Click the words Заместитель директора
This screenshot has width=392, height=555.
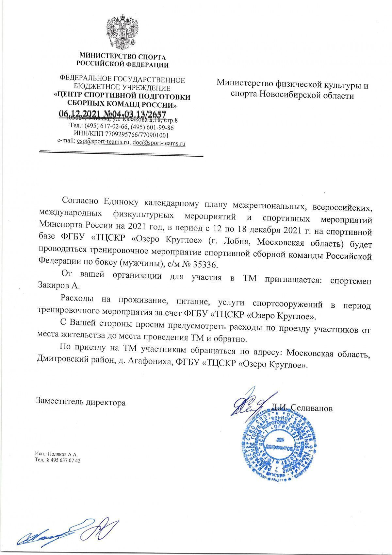tap(81, 402)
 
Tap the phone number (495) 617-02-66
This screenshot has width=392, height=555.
tap(104, 128)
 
